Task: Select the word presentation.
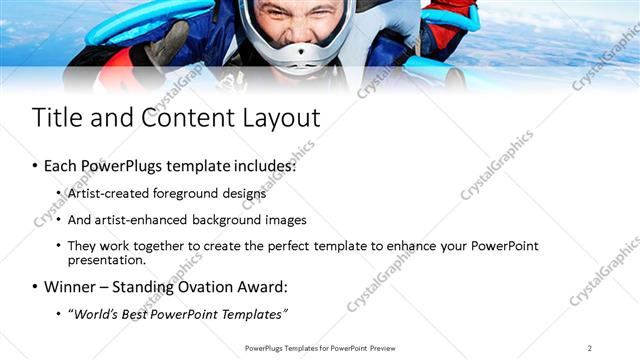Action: tap(107, 260)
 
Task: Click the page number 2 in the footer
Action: tap(590, 347)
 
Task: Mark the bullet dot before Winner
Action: tap(36, 288)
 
